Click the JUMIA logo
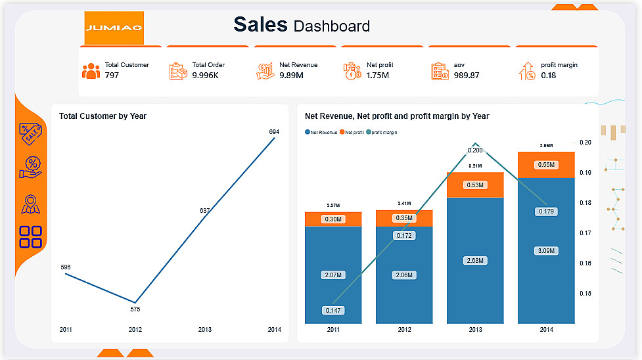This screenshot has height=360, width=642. (114, 28)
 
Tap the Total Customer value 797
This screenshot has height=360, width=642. (112, 76)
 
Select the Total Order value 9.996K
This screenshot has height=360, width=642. (205, 76)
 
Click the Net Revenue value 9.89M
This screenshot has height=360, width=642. (291, 76)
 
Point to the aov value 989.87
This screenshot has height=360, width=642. (467, 76)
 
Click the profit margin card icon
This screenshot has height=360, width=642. (527, 71)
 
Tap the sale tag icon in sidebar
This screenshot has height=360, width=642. (31, 133)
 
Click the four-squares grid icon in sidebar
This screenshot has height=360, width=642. (31, 236)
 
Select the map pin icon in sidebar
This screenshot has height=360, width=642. (31, 204)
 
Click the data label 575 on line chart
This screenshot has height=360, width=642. (135, 309)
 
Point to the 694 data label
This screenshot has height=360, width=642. (274, 132)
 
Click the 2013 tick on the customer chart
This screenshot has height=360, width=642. (205, 330)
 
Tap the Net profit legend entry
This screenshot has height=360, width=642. (352, 132)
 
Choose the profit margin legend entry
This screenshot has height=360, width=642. (382, 132)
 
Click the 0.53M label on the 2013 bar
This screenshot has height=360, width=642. (475, 185)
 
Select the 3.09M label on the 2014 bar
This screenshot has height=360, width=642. (546, 251)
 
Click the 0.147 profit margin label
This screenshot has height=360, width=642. (333, 311)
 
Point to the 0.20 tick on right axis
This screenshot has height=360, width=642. (585, 143)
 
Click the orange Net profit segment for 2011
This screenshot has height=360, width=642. (333, 219)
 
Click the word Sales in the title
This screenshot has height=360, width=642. (260, 24)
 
